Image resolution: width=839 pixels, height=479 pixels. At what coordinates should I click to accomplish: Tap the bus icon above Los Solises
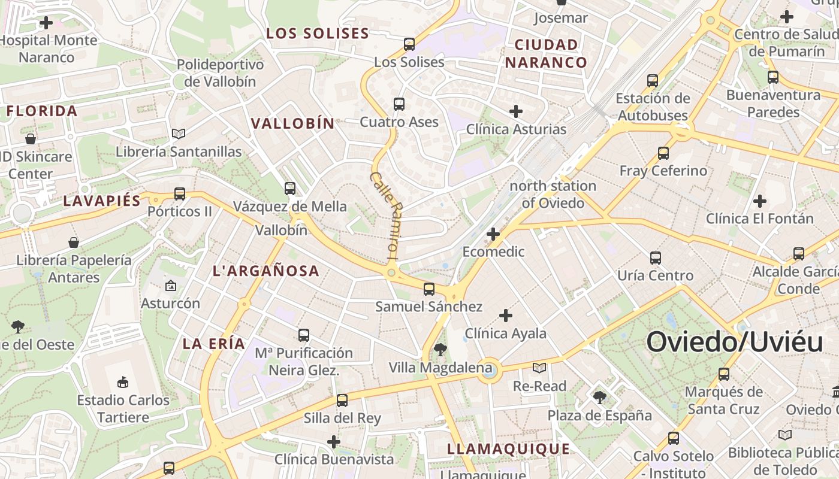[409, 44]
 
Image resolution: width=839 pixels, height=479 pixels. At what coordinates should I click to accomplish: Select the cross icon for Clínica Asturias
[515, 111]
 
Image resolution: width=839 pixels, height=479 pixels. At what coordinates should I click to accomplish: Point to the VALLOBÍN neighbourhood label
[292, 123]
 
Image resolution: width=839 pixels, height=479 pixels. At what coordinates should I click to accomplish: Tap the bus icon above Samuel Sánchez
[428, 289]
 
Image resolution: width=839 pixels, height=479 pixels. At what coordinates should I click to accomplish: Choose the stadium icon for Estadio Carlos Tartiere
[123, 381]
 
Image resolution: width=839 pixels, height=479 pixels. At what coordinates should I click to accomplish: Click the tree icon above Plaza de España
[599, 397]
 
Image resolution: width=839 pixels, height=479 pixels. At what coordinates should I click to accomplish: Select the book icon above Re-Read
[539, 368]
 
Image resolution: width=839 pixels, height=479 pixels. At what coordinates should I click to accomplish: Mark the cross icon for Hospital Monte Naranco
[46, 23]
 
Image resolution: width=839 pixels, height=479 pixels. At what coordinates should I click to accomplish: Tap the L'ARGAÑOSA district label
[266, 271]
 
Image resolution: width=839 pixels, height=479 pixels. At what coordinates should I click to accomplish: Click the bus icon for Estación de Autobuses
[653, 80]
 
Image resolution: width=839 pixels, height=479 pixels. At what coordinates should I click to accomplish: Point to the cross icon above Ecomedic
[493, 234]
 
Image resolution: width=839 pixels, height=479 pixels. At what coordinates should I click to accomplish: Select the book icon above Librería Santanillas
[178, 134]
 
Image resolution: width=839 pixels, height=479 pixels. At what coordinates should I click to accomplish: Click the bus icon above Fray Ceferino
[663, 153]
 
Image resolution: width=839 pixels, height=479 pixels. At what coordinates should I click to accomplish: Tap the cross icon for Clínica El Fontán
[759, 201]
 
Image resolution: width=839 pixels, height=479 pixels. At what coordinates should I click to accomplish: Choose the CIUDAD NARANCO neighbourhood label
[545, 53]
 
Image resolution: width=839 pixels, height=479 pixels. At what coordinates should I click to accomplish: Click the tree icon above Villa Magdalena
[440, 349]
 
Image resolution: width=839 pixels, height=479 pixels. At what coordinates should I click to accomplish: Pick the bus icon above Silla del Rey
[342, 400]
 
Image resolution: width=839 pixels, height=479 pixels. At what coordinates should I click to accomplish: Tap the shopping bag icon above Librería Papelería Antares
[74, 242]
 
